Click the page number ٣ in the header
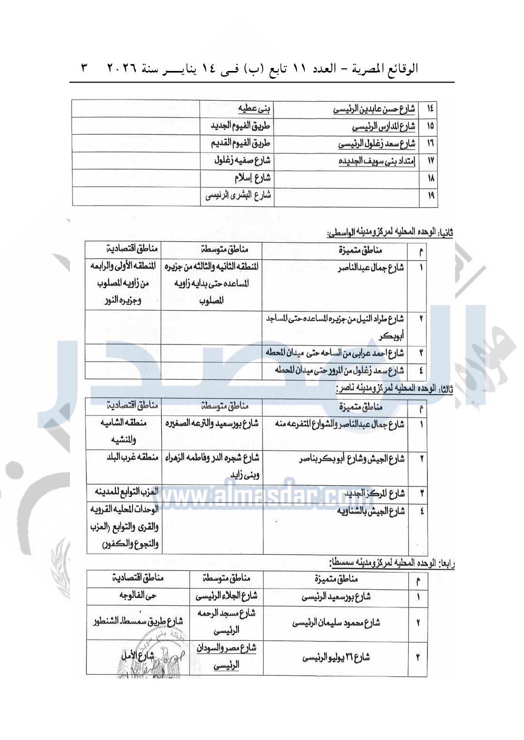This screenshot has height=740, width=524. (x=85, y=68)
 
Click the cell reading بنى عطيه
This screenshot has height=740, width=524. (x=254, y=109)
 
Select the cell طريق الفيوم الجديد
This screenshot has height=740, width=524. (x=241, y=126)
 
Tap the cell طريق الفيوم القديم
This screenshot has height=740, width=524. (x=241, y=143)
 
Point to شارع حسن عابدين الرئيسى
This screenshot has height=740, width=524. (x=374, y=109)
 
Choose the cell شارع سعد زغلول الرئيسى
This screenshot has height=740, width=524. (x=376, y=144)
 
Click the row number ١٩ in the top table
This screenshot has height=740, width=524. (x=431, y=196)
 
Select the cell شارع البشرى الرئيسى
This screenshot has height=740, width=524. (x=238, y=196)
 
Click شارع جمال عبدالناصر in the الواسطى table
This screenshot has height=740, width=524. (x=371, y=268)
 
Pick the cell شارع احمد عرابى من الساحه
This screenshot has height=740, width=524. (x=335, y=353)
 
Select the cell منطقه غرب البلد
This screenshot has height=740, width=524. (x=133, y=458)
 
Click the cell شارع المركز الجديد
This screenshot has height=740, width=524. (x=375, y=493)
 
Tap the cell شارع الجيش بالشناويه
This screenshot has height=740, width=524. (x=371, y=511)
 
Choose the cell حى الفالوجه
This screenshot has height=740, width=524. (x=138, y=595)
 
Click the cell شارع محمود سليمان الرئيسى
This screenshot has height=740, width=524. (x=336, y=622)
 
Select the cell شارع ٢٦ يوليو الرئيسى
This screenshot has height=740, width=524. (x=336, y=657)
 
